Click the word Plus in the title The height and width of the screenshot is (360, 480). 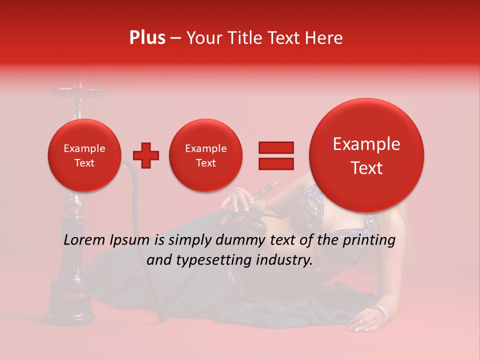[x=147, y=38]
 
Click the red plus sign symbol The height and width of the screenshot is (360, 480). [x=146, y=155]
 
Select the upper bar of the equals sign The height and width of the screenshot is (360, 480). [x=275, y=147]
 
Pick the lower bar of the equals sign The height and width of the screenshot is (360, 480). [x=275, y=163]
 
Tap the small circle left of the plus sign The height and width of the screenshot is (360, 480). [x=84, y=155]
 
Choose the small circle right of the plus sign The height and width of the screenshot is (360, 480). [x=205, y=155]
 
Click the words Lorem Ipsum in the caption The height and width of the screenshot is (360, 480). [x=106, y=240]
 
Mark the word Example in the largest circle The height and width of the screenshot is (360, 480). [x=366, y=144]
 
